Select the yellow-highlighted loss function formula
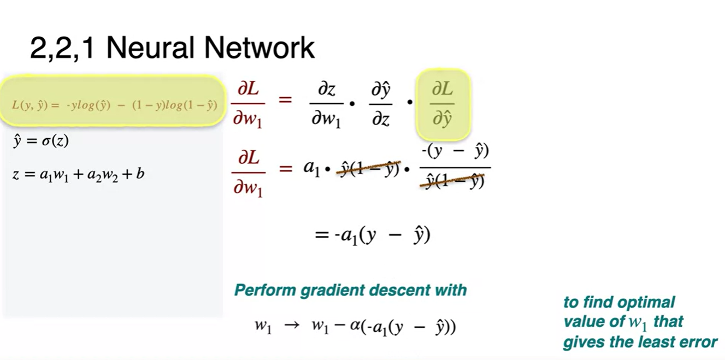(x=115, y=104)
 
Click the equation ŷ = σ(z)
(x=41, y=141)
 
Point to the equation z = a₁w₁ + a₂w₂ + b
(x=78, y=174)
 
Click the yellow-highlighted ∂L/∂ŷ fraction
(x=443, y=104)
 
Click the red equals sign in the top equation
(x=285, y=101)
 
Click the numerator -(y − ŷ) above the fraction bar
(x=455, y=151)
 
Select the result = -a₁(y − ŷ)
(x=372, y=235)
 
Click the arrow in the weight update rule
(x=292, y=326)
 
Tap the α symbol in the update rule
(x=356, y=327)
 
